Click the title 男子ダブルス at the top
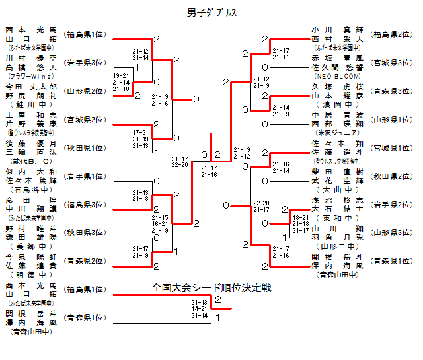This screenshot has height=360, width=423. (211, 13)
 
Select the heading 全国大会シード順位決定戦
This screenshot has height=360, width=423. (211, 288)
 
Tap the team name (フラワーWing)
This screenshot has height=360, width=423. (31, 76)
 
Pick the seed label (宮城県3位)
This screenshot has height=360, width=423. (391, 63)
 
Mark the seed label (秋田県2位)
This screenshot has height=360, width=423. (391, 176)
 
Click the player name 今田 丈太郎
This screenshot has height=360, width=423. (31, 87)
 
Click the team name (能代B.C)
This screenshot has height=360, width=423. (31, 161)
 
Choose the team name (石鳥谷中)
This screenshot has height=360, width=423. (31, 189)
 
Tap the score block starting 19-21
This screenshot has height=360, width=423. (122, 82)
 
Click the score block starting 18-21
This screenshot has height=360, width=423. (301, 224)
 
